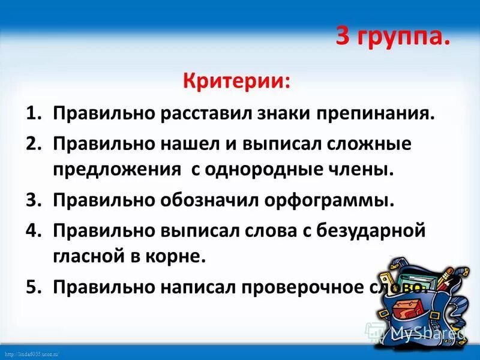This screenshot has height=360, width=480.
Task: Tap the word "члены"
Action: [x=367, y=170]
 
